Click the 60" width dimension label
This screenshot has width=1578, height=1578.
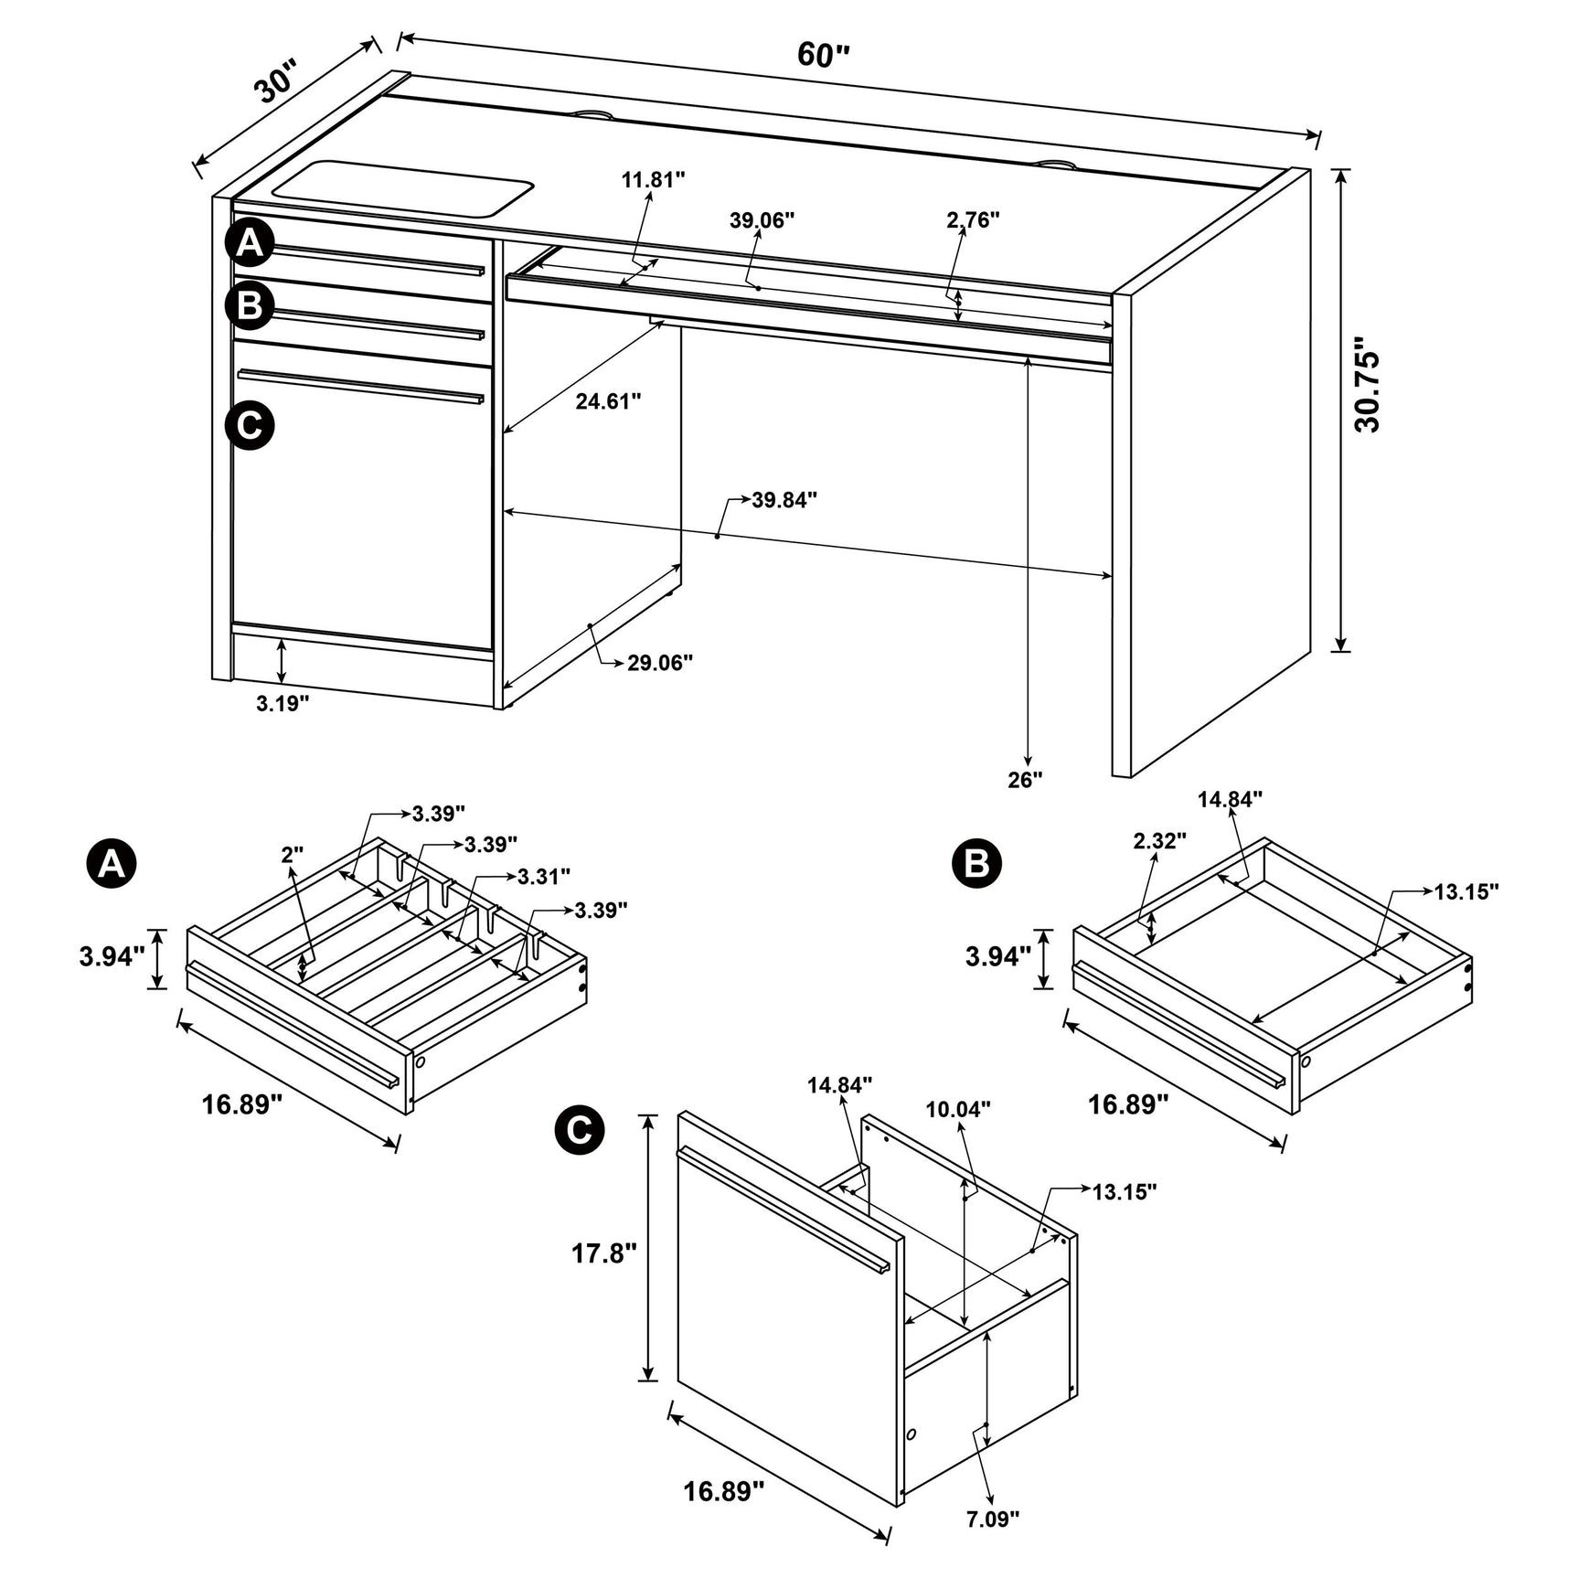823,55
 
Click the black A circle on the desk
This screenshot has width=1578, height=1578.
250,243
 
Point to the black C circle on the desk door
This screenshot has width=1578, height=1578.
250,425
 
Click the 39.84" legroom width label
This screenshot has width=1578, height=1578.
784,500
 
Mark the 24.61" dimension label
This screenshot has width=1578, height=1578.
608,401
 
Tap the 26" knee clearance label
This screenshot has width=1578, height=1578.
1025,780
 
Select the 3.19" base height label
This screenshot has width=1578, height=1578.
283,703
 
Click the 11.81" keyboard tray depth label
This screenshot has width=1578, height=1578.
653,180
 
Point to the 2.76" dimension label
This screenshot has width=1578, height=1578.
973,219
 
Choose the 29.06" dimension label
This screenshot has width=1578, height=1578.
659,663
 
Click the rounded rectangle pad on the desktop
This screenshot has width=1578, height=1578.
402,189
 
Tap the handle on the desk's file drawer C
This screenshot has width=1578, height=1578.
360,385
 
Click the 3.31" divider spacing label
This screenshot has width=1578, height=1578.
543,877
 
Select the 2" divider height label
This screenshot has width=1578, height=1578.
292,855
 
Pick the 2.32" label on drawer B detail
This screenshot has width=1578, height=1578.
1159,840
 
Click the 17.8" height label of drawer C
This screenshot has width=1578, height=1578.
603,1253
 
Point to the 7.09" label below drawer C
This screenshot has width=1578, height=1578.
993,1519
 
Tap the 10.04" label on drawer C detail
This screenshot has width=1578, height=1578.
958,1109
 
